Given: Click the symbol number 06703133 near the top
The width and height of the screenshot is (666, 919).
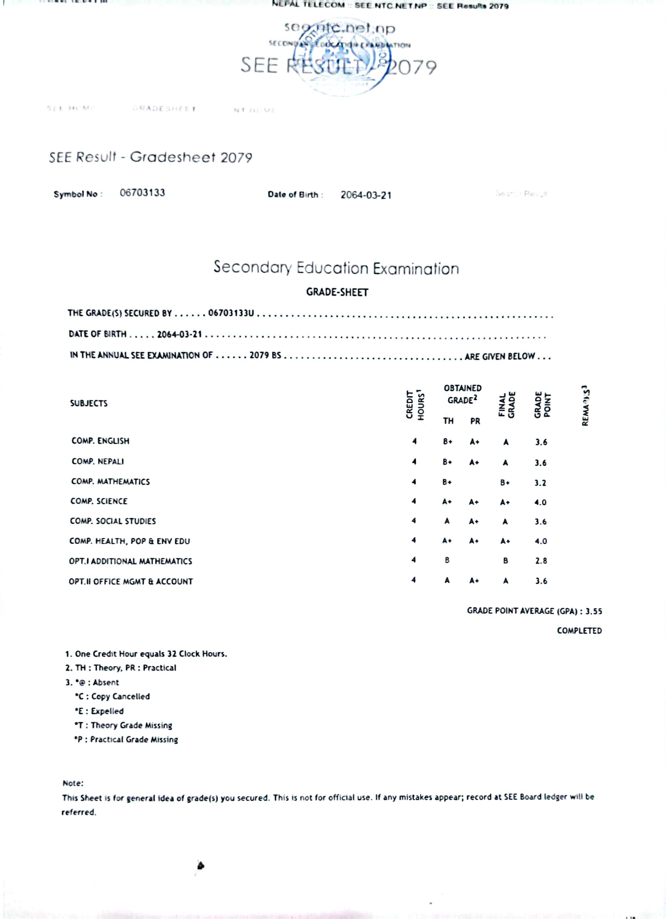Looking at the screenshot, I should click(x=142, y=193).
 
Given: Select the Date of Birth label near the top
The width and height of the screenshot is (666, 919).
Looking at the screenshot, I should click(x=295, y=195).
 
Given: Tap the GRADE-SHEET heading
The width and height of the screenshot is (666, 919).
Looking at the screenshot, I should click(x=337, y=292).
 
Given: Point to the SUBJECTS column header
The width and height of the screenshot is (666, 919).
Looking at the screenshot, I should click(x=89, y=403).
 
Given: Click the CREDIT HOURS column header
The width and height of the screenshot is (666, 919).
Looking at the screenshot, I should click(x=415, y=404).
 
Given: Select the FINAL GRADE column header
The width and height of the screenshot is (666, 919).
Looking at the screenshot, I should click(x=507, y=404).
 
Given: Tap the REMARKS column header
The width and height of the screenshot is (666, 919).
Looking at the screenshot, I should click(x=585, y=405).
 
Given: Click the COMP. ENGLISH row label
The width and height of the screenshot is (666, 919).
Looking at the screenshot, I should click(x=100, y=441).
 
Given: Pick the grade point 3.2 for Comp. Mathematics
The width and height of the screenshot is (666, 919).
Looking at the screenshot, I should click(x=540, y=483).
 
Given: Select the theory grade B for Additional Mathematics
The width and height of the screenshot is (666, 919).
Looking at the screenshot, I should click(x=447, y=560).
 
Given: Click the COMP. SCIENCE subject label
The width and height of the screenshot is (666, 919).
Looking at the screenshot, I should click(x=99, y=501).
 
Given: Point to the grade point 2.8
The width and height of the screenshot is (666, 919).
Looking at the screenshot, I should click(x=541, y=561).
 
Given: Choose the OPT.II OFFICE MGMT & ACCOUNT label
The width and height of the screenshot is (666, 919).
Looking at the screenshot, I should click(x=131, y=581).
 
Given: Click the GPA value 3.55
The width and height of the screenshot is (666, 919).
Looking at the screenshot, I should click(x=593, y=611).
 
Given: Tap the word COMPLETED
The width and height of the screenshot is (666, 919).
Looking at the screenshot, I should click(x=579, y=631).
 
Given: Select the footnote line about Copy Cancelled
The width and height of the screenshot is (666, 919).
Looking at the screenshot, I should click(x=112, y=696).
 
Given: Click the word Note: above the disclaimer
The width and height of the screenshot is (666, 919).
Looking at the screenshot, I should click(x=73, y=783).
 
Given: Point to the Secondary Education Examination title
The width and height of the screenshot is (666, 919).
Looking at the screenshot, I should click(x=336, y=268).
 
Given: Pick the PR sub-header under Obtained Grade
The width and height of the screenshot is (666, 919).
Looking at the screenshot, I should click(x=475, y=421).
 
